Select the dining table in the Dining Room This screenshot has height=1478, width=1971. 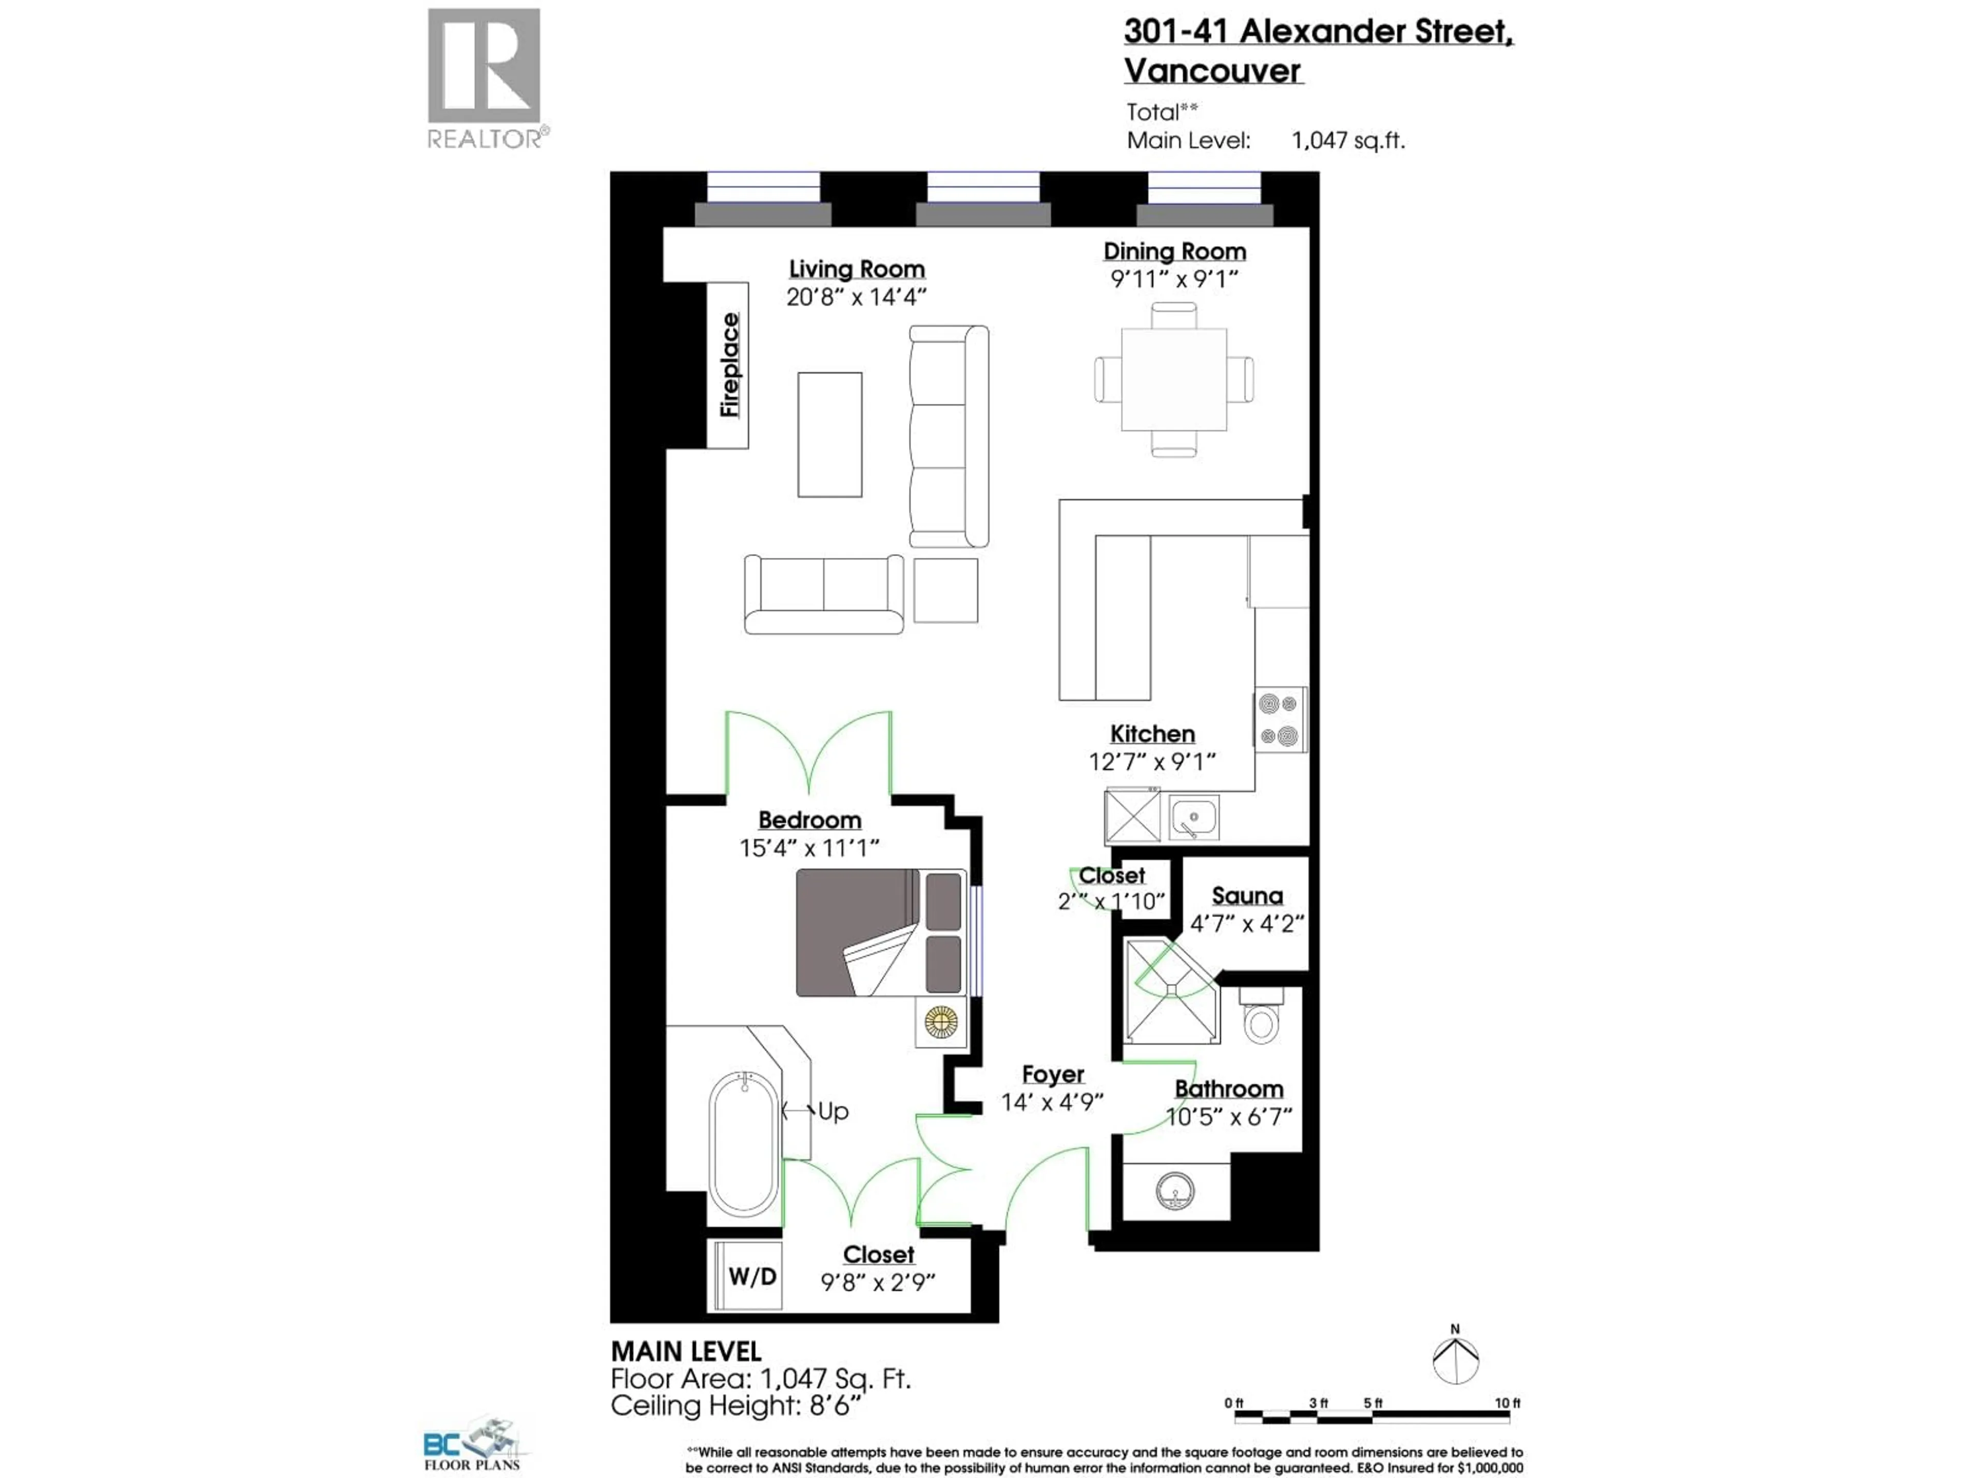point(1173,380)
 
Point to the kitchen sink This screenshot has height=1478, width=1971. point(1193,817)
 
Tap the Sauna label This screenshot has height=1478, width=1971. point(1247,896)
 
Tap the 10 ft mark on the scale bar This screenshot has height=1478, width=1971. point(1508,1403)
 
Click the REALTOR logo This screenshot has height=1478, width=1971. point(485,79)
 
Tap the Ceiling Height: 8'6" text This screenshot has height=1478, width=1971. point(736,1406)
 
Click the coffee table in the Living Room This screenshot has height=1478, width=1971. point(829,435)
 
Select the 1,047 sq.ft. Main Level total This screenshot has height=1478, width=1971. point(1347,141)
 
